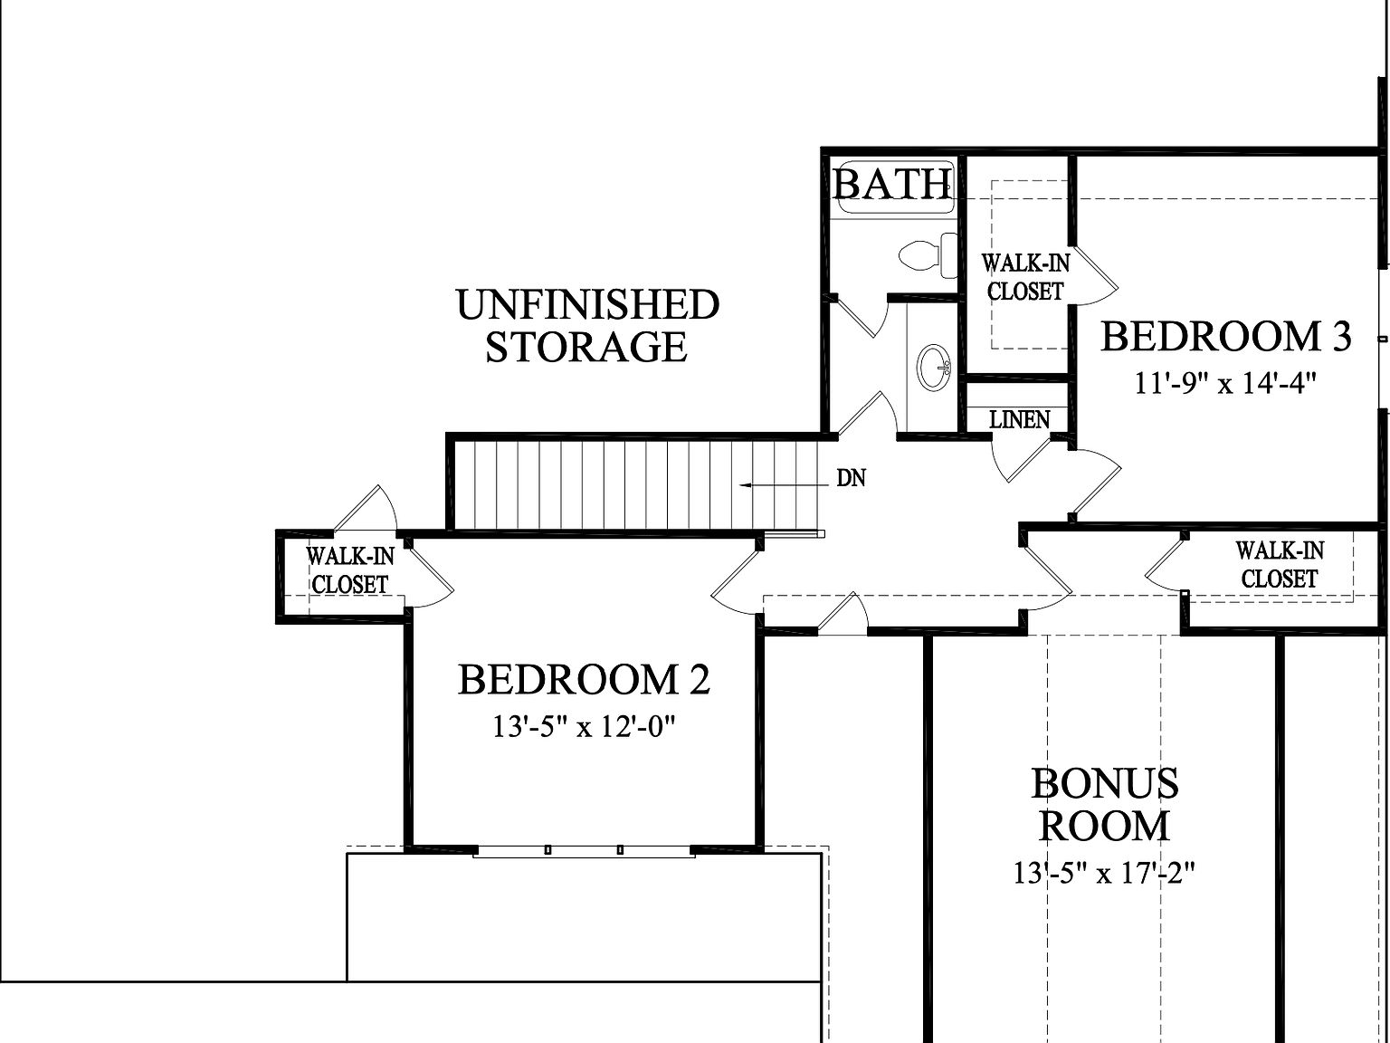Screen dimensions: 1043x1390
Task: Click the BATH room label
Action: (x=892, y=184)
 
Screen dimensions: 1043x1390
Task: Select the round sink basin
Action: (x=933, y=367)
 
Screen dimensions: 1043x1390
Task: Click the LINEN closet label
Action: (x=1019, y=420)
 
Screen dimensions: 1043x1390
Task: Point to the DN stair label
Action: (x=851, y=478)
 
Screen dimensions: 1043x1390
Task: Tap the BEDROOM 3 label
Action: (x=1225, y=337)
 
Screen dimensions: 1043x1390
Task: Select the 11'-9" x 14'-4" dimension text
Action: (x=1224, y=383)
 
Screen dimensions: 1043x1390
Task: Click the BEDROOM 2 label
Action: (x=584, y=680)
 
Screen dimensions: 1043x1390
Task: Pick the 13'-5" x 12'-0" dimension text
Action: (x=585, y=726)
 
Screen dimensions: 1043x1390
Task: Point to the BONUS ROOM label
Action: (x=1104, y=805)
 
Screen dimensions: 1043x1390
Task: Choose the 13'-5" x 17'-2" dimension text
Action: (x=1105, y=874)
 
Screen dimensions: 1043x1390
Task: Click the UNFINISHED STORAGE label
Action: (x=587, y=326)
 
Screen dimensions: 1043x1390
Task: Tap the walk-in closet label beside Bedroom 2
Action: (x=349, y=570)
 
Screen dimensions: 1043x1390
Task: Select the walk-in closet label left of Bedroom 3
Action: (x=1025, y=277)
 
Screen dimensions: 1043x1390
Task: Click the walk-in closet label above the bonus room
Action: (x=1280, y=564)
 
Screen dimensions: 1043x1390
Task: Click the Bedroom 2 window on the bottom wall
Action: (x=584, y=850)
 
